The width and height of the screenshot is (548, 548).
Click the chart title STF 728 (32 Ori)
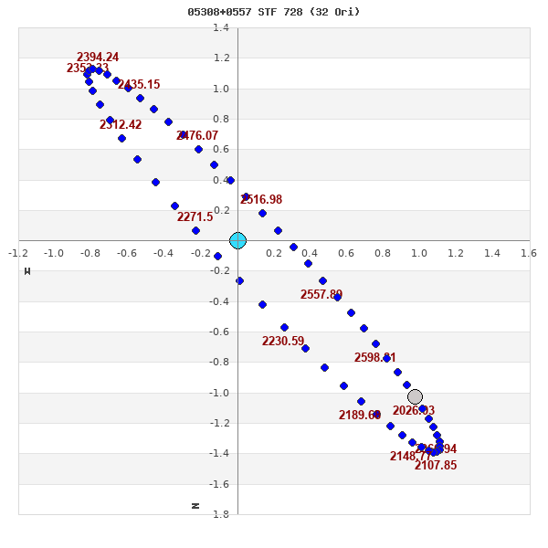[274, 12]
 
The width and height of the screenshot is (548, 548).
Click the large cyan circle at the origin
[237, 240]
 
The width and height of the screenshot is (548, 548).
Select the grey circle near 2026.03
[415, 396]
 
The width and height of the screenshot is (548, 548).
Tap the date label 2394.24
[98, 58]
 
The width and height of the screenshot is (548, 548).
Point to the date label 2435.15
[139, 85]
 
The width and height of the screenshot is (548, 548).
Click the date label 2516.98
[261, 200]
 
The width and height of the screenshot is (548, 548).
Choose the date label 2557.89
[321, 295]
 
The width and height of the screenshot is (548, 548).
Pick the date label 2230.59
[283, 342]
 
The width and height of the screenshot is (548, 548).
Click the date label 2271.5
[195, 217]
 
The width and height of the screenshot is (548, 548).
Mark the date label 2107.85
[436, 466]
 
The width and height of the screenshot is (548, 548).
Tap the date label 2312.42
[121, 125]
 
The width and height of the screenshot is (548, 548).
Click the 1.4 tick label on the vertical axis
[221, 28]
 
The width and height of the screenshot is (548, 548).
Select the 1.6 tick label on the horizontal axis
[529, 252]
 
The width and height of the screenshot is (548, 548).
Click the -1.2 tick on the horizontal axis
[18, 252]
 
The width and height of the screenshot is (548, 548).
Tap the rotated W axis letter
[27, 270]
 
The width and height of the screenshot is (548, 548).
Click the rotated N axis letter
[195, 505]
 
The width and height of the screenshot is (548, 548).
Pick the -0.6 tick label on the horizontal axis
[128, 252]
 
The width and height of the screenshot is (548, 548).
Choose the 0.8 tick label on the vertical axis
[221, 120]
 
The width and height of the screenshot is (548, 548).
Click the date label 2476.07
[197, 136]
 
